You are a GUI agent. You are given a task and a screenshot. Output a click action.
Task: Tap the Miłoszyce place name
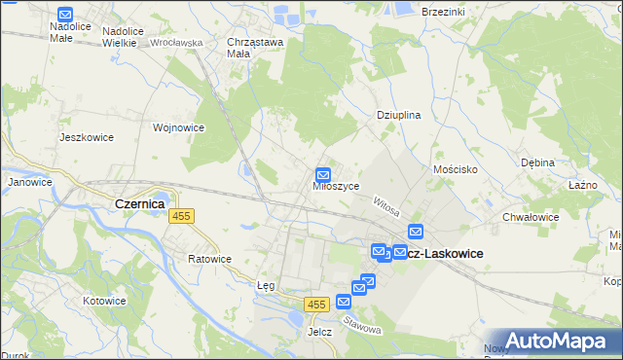(337, 186)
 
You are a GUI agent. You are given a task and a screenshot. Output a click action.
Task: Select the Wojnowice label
(178, 127)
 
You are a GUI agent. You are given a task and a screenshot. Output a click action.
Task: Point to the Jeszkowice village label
(87, 137)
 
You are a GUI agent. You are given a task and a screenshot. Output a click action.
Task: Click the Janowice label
(29, 182)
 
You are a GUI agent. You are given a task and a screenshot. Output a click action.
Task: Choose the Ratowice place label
(209, 259)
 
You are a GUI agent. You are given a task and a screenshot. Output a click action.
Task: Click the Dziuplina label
(398, 115)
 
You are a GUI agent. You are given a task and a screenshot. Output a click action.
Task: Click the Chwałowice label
(530, 217)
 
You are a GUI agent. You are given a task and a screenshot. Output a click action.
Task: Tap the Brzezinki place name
(444, 10)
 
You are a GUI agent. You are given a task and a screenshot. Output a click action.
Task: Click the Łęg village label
(266, 286)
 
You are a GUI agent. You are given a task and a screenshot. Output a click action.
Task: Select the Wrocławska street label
(176, 43)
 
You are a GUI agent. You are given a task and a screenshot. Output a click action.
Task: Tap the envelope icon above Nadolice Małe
(65, 15)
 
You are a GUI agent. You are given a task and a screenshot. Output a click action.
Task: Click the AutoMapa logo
(555, 341)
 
